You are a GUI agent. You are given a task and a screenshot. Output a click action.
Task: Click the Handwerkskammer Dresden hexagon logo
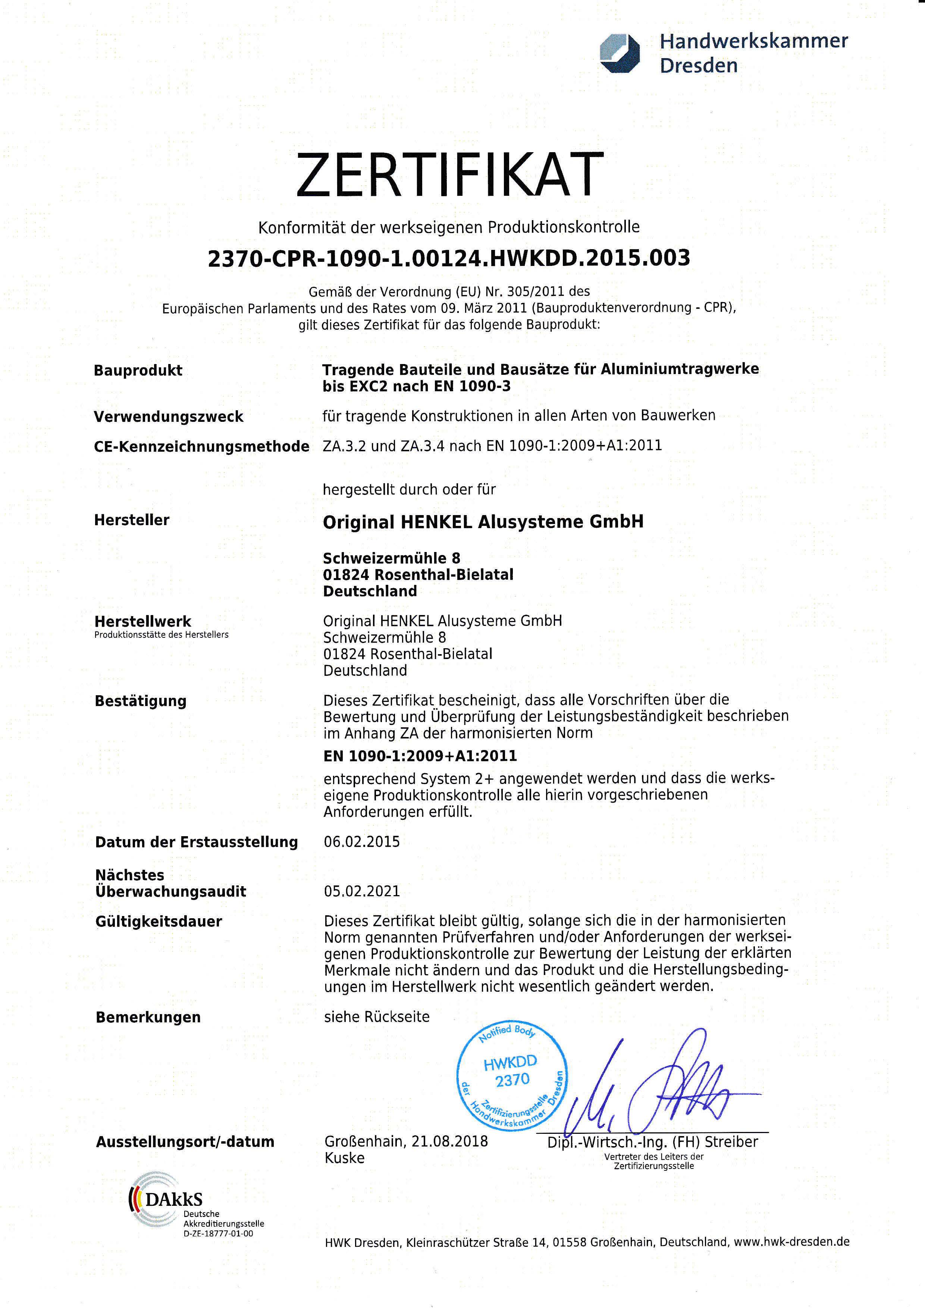click(x=620, y=54)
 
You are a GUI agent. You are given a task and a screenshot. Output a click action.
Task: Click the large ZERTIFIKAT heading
click(x=449, y=175)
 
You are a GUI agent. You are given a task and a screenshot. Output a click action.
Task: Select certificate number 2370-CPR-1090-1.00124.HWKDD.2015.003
click(x=449, y=258)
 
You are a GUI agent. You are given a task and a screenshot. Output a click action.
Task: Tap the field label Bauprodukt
click(x=138, y=370)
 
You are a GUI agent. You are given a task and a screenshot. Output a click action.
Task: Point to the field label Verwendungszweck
click(x=169, y=417)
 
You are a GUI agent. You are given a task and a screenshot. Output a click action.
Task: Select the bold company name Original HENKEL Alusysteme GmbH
click(x=483, y=522)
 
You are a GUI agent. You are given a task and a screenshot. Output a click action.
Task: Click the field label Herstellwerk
click(x=143, y=621)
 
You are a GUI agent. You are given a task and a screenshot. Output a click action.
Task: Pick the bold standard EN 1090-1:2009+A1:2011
click(x=420, y=756)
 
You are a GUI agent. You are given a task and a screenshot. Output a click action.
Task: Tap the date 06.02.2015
click(x=362, y=842)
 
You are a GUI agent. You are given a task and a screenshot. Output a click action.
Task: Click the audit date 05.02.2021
click(x=362, y=891)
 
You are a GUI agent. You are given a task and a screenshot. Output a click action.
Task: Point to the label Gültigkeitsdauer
click(x=159, y=922)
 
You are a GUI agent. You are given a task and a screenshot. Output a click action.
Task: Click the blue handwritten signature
click(x=655, y=1088)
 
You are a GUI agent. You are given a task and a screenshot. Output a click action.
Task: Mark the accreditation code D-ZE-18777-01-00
click(x=218, y=1233)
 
